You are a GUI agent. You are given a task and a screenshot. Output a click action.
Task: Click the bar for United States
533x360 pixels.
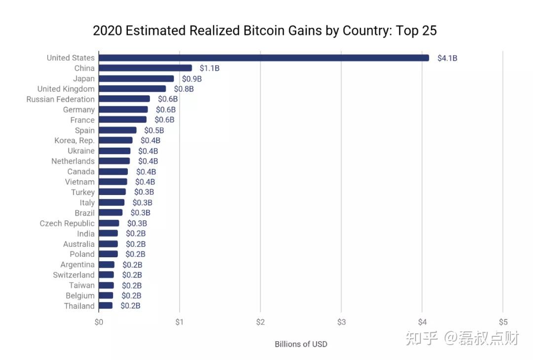[264, 58]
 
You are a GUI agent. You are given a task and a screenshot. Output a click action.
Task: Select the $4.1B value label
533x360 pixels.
[447, 58]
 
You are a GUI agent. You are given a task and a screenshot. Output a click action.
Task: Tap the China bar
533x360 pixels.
[145, 68]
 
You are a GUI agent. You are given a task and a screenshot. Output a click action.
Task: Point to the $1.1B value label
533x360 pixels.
[209, 68]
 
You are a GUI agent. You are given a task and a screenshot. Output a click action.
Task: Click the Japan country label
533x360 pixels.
[83, 79]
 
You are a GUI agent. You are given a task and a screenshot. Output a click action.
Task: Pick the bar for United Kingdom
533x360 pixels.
[132, 89]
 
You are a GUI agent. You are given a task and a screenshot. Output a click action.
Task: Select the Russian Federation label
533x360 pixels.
[60, 99]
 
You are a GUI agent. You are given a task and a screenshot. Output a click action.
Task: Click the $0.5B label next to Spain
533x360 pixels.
[154, 130]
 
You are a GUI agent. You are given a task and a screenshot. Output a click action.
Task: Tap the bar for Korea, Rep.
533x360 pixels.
[115, 141]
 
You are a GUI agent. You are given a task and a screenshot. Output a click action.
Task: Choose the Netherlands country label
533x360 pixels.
[73, 161]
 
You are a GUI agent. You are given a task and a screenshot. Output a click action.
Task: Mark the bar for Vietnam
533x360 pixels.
[113, 182]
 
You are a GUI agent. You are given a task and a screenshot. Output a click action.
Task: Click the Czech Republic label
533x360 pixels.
[67, 223]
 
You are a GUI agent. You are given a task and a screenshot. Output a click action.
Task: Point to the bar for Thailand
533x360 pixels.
[106, 306]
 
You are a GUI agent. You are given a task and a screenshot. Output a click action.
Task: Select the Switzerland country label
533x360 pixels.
[74, 275]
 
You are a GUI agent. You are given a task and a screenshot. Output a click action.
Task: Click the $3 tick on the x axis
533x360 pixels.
[341, 322]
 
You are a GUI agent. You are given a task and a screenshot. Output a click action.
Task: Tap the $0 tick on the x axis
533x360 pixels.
[99, 322]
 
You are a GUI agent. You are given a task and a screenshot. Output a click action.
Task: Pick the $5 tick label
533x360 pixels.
[502, 322]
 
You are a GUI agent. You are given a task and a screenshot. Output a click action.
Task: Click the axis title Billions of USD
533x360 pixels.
[301, 344]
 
